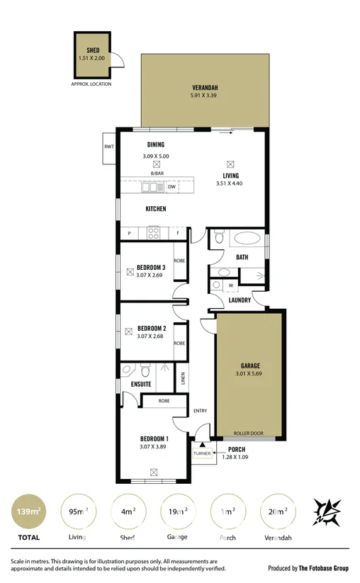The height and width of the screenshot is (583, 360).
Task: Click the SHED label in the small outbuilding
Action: [x=93, y=50]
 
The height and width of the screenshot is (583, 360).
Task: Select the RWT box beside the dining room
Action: [x=109, y=147]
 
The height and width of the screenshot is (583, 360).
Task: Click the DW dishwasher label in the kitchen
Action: [x=171, y=187]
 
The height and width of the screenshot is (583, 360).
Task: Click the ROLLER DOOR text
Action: [x=248, y=434]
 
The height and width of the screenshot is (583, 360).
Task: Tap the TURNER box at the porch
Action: [x=202, y=453]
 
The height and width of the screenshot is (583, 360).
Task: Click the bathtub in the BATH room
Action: [x=247, y=239]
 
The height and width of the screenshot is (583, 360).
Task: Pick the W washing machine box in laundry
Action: [x=231, y=285]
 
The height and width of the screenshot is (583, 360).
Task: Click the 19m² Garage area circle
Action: [x=176, y=512]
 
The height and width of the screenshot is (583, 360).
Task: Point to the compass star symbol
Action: [x=327, y=512]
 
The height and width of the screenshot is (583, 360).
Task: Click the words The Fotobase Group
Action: [x=322, y=568]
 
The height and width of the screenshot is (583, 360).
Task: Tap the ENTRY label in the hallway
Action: [x=199, y=410]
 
